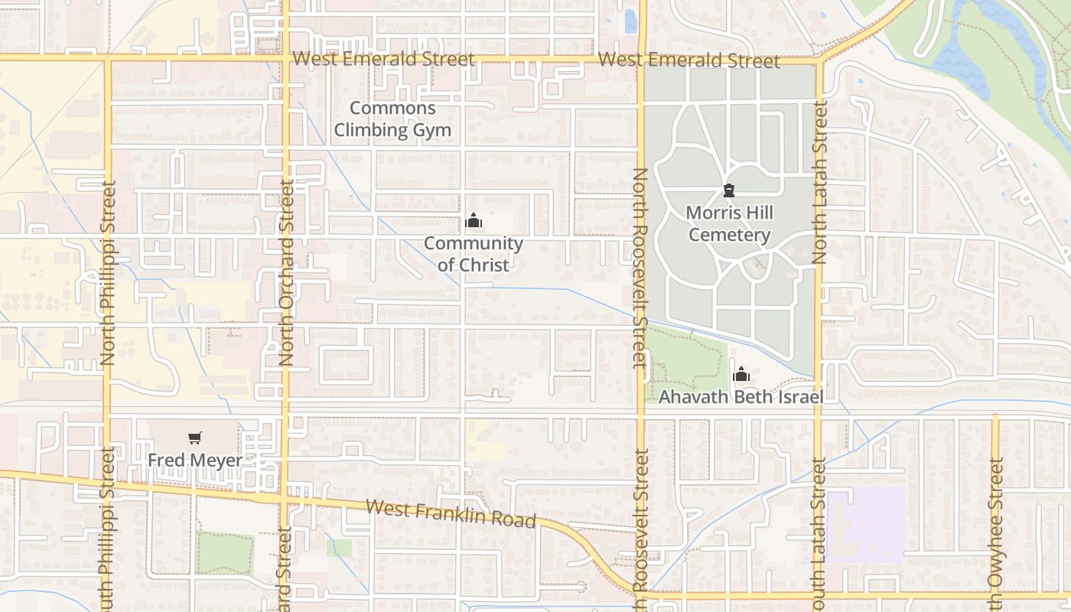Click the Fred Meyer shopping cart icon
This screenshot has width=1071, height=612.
(196, 438)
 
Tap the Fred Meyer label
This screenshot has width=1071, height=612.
(195, 461)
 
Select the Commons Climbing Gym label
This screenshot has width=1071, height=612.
(392, 119)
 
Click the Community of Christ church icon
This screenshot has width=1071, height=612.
(474, 222)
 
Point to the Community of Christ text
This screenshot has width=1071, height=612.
(474, 254)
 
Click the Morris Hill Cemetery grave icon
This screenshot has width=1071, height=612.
(729, 190)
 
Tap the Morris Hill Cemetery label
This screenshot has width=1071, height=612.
(729, 223)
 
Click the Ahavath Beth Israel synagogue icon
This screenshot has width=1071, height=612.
(741, 375)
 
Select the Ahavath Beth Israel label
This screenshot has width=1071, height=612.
(741, 397)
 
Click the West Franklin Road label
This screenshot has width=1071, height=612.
(451, 513)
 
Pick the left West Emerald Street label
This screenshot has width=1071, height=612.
(383, 59)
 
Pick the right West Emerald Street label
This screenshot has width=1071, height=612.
(688, 60)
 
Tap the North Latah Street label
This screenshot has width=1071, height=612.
(820, 183)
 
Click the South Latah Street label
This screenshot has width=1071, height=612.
(819, 535)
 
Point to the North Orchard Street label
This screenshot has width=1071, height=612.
(287, 272)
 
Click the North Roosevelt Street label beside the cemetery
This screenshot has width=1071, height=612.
(640, 268)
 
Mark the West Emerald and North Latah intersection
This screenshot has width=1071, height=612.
(819, 60)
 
